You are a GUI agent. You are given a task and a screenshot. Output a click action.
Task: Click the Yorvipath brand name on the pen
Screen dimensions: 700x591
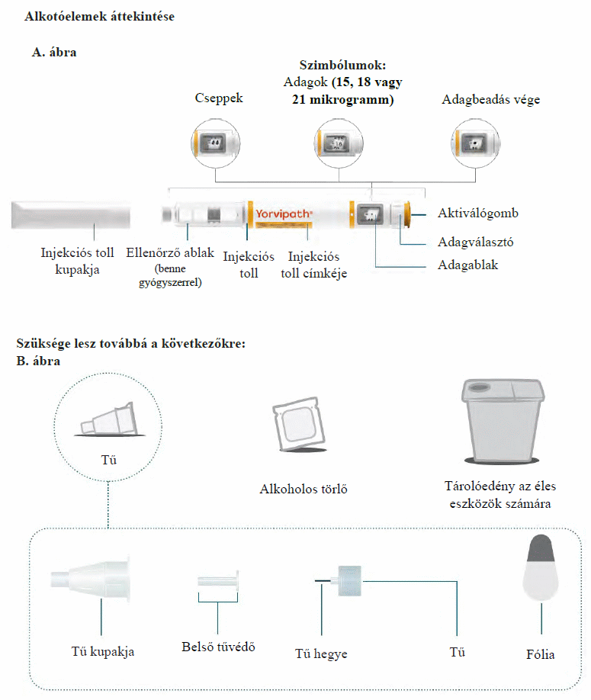click(283, 214)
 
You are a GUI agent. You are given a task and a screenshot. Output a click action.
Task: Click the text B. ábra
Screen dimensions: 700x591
click(38, 361)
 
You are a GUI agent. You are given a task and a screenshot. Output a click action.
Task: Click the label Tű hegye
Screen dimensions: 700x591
click(321, 654)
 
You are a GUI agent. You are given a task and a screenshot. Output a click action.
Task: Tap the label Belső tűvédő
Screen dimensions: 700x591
click(218, 647)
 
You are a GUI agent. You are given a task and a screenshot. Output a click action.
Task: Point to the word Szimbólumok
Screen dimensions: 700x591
click(342, 64)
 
